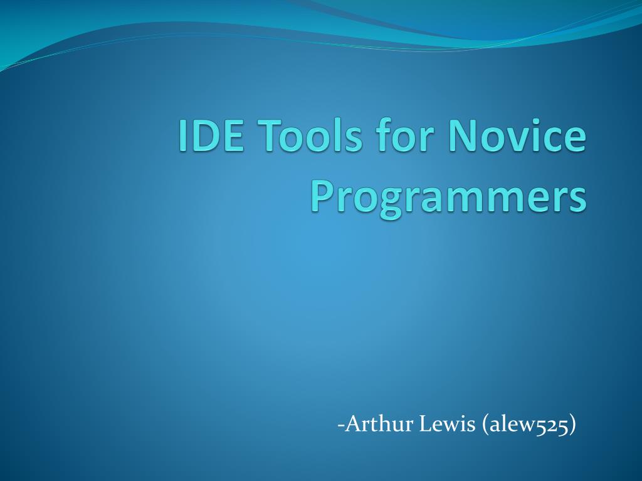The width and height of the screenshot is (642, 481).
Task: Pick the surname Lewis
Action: (448, 424)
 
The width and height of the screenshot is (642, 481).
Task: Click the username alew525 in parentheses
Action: (528, 425)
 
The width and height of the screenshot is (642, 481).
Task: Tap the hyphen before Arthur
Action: (340, 426)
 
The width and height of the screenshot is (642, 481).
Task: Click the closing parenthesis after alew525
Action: (572, 425)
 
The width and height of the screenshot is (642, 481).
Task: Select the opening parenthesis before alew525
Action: (485, 425)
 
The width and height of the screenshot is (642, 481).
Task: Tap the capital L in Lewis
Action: (426, 424)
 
